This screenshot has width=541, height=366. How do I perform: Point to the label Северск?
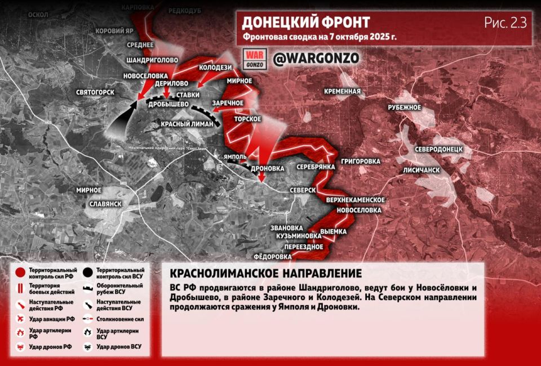(303, 190)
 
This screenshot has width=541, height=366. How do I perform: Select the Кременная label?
(342, 91)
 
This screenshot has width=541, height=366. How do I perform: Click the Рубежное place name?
(405, 108)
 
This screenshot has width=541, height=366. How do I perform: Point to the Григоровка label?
(360, 161)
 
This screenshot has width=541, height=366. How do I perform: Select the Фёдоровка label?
(273, 256)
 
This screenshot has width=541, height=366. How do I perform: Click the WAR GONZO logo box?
(253, 59)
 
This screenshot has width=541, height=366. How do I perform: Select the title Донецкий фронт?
(306, 22)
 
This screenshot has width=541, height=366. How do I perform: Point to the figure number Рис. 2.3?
(505, 23)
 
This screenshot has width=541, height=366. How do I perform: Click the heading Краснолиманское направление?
(265, 274)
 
